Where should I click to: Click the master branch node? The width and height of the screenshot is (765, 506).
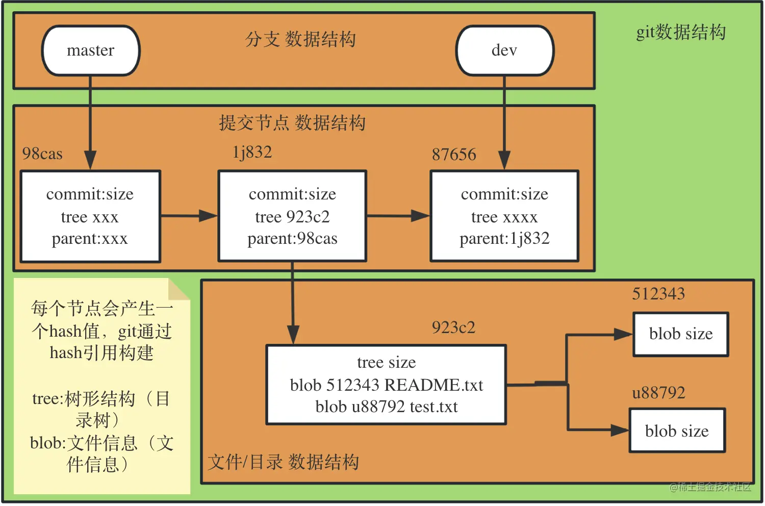click(x=91, y=50)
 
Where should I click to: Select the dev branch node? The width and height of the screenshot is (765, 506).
click(x=504, y=50)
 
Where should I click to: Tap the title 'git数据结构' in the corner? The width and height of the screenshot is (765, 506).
click(x=681, y=32)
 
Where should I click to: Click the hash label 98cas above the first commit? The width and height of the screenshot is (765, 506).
click(x=42, y=154)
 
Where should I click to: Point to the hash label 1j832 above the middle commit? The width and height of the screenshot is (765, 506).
click(x=252, y=152)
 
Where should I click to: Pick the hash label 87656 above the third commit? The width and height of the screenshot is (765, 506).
click(x=454, y=154)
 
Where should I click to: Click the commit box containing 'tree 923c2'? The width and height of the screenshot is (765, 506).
click(x=292, y=216)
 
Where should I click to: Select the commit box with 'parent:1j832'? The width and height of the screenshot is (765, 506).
click(x=504, y=216)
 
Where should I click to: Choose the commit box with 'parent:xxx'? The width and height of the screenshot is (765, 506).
click(x=90, y=216)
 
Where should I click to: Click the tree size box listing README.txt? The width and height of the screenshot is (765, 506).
click(x=386, y=385)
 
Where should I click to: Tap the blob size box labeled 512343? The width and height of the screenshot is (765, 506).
click(x=680, y=334)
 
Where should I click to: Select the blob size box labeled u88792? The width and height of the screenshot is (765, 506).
click(x=677, y=431)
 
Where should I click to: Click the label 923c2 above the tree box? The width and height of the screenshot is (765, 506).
click(x=453, y=327)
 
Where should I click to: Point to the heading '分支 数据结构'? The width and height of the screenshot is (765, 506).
click(x=300, y=39)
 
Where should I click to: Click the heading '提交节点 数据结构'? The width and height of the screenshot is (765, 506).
click(x=292, y=123)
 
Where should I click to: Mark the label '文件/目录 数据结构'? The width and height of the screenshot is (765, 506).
click(x=284, y=462)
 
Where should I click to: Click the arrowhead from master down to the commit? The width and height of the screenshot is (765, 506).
click(x=90, y=160)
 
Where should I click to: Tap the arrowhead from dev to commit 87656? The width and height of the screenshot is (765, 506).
click(x=504, y=160)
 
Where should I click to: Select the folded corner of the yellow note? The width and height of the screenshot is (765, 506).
click(x=179, y=290)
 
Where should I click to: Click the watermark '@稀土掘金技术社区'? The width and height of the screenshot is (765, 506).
click(x=710, y=487)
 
